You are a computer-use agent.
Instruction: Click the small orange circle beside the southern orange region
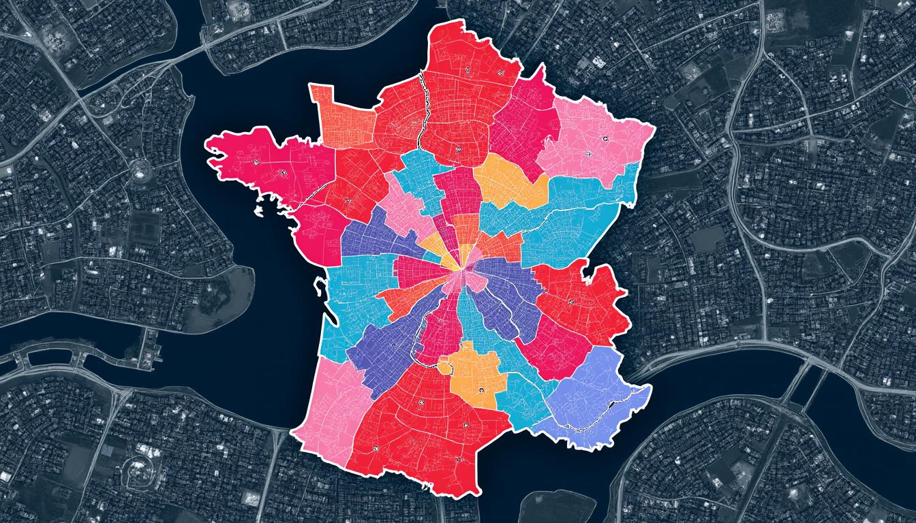click(x=445, y=368)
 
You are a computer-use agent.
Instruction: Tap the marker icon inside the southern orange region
click(x=482, y=390)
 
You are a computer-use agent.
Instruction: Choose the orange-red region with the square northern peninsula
click(x=341, y=119)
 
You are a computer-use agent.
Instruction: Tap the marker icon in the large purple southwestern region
click(x=393, y=346)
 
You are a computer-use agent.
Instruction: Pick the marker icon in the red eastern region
click(x=570, y=302)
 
